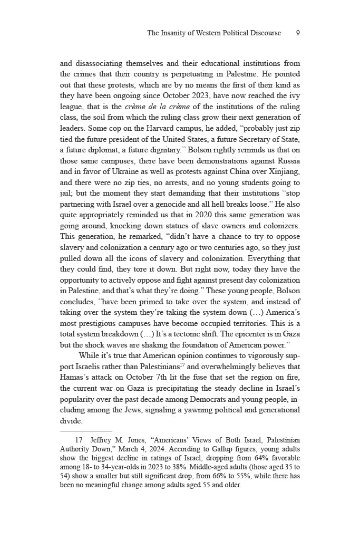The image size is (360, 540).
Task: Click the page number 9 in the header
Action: tap(298, 33)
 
